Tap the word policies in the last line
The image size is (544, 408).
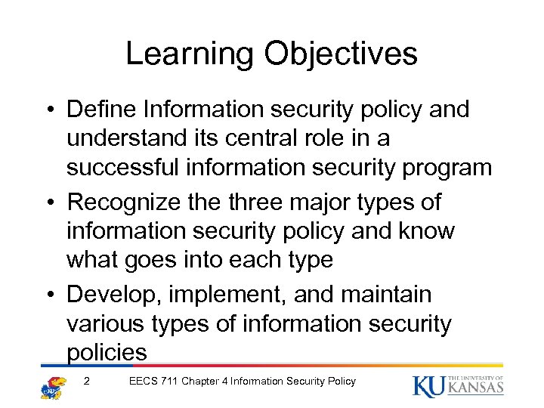[107, 352]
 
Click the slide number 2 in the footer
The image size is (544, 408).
[88, 382]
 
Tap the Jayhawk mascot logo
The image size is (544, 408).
[53, 386]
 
